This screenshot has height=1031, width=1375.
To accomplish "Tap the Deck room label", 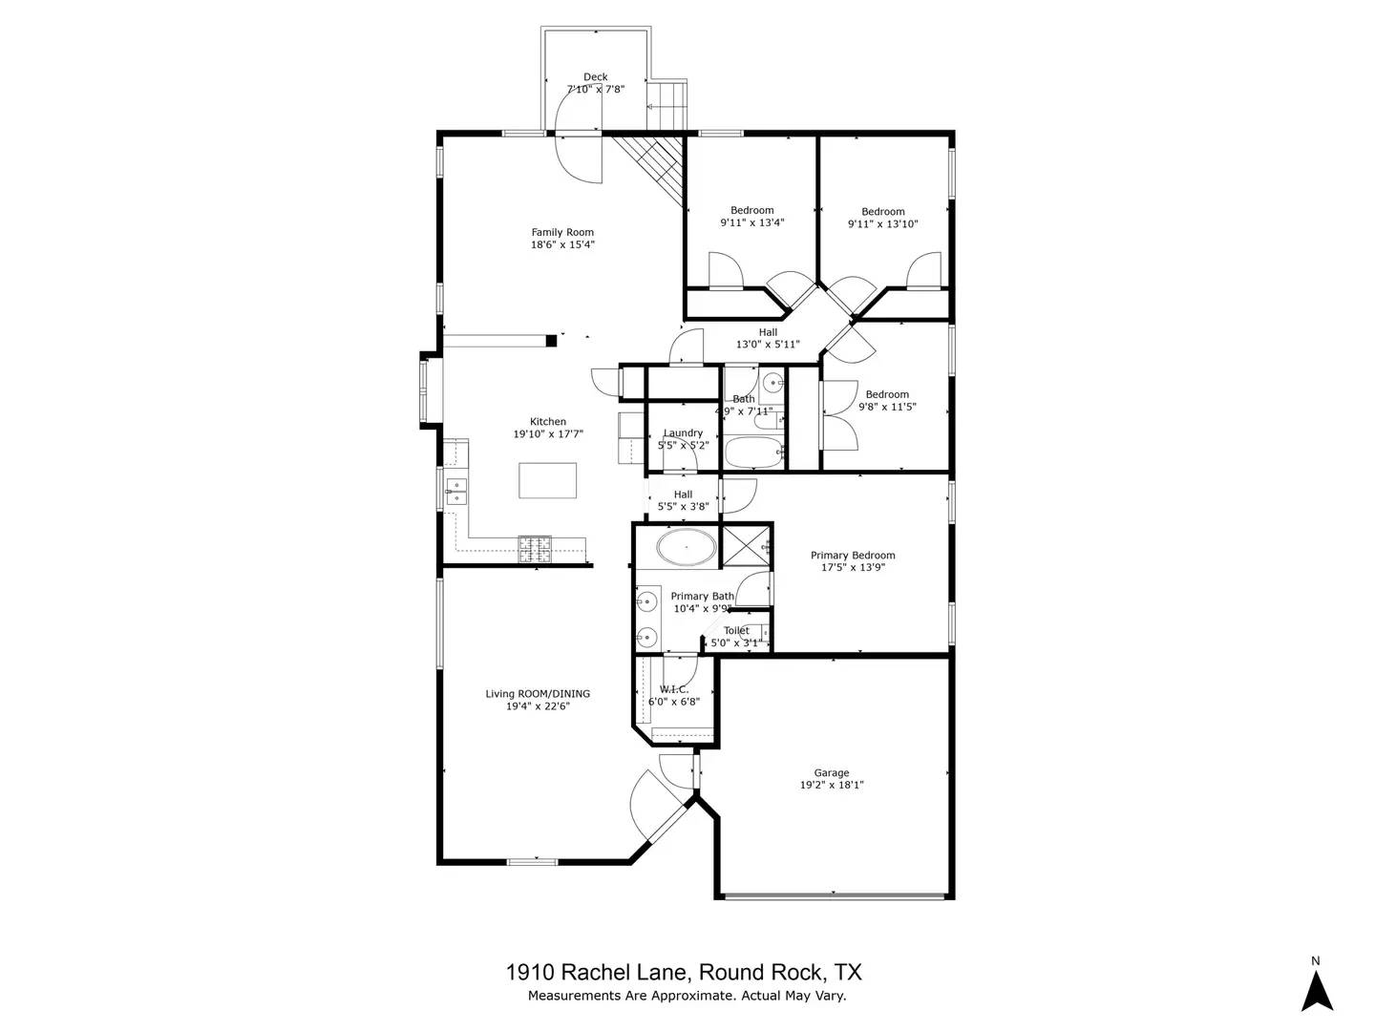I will point(595,77).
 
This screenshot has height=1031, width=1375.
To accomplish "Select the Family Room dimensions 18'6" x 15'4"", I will point(562,244).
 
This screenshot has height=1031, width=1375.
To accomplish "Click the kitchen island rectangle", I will point(548,480).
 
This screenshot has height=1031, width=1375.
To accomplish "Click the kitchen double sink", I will point(456,491).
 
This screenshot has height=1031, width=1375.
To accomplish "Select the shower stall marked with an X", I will point(746,546).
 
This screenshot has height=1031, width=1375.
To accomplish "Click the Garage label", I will point(831,773).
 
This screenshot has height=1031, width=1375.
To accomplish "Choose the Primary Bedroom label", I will point(853,556).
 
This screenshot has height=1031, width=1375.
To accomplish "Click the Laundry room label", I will point(683,433).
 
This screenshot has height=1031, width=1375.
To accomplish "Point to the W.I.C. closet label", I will point(673,689).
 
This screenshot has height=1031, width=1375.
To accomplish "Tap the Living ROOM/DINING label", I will point(538,694).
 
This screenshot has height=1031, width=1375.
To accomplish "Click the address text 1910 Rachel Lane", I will point(596,973).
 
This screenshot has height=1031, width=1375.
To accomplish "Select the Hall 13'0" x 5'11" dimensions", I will point(768,345).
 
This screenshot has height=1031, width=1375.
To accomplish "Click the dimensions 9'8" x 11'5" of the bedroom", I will point(887,407).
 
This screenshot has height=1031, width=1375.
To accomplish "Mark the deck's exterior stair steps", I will point(667,106).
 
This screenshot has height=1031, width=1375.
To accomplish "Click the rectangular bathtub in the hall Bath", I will point(753,452).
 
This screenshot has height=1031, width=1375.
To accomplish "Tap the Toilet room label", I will point(736,631).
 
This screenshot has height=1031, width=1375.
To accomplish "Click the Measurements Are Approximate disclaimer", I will point(687,996).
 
